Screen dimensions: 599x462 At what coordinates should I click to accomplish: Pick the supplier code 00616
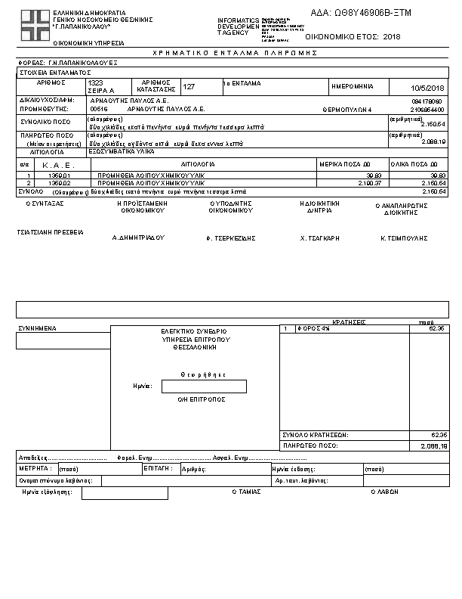click(x=99, y=109)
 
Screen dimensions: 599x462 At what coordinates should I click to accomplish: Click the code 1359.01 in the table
click(x=60, y=175)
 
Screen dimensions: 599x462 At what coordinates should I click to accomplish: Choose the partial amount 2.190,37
click(x=369, y=182)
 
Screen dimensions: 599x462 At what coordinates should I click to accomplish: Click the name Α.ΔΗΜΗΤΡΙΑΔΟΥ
click(x=138, y=237)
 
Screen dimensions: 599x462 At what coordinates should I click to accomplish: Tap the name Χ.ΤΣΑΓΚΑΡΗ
click(x=320, y=237)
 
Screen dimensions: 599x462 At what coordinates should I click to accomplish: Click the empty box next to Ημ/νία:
click(x=204, y=386)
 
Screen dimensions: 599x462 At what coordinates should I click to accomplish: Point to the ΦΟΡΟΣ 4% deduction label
click(x=314, y=329)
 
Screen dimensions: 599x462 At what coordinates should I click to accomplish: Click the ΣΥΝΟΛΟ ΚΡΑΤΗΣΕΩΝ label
click(x=315, y=435)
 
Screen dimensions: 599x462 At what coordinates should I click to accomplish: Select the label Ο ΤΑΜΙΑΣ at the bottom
click(x=246, y=492)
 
